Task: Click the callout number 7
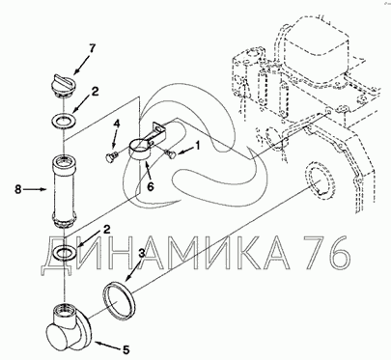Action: coord(93,49)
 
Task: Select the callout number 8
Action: coord(18,189)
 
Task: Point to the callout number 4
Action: coord(117,125)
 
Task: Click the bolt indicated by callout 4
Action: coord(111,156)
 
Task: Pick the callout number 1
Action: coord(197,146)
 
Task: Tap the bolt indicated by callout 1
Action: coord(171,154)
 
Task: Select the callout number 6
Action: coord(151,186)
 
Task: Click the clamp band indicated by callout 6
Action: coord(140,150)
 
